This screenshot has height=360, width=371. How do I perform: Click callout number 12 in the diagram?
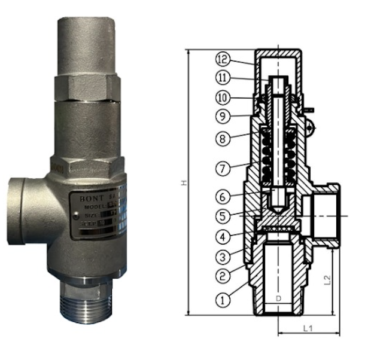tap(222, 59)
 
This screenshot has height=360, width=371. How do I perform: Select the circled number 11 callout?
tap(222, 78)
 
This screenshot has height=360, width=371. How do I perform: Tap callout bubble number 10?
tap(222, 96)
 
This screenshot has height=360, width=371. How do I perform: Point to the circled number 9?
tap(222, 115)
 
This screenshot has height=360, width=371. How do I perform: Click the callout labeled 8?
tap(222, 139)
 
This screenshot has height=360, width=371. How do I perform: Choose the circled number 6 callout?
tap(222, 195)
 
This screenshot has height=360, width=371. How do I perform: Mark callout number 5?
tap(222, 215)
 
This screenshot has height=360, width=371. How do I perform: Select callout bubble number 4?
tap(222, 237)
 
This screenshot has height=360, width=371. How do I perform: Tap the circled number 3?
tap(222, 258)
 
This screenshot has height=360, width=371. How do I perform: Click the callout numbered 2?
tap(222, 277)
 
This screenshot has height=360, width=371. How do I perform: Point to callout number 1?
tap(222, 300)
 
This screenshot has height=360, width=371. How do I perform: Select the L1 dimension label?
tap(308, 328)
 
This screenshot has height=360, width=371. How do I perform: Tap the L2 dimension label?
tap(326, 279)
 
